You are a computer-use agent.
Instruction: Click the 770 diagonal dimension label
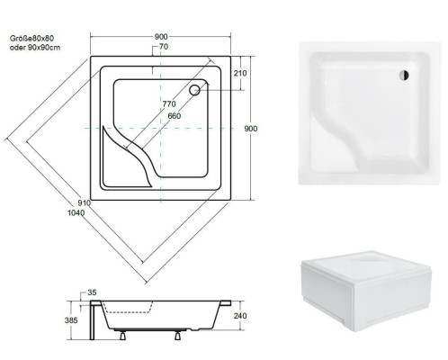coord(169,104)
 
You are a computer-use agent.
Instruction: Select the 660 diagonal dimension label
coord(175,116)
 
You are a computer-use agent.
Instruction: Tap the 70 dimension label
coord(164,47)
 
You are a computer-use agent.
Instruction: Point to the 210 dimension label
coord(240,73)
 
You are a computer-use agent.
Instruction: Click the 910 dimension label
coord(84,203)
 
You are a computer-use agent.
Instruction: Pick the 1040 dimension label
coord(76,213)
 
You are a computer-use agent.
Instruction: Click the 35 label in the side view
coord(92,292)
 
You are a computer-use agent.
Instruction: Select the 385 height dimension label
coord(71,320)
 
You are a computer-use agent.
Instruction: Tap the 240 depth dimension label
coord(240,316)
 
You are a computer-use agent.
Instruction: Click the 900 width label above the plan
coord(161,37)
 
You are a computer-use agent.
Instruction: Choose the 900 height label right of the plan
coord(251,129)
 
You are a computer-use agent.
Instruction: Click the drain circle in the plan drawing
coord(194,90)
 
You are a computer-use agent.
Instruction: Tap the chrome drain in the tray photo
coord(404,75)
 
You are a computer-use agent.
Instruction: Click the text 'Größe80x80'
coord(31,39)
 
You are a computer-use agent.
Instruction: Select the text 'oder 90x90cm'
coord(35,48)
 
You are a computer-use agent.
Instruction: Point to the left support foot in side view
coord(123,335)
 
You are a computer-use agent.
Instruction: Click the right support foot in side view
coord(178,335)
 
